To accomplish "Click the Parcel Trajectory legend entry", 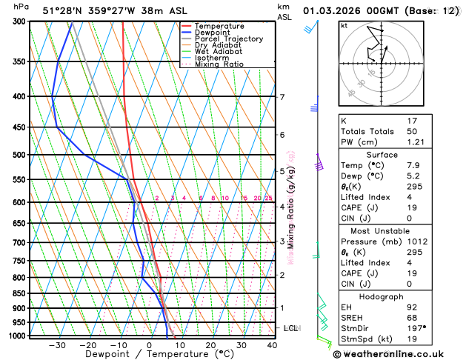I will tap(229, 39).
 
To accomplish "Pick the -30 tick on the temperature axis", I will tap(56, 345).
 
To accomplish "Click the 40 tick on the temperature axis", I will tap(272, 345).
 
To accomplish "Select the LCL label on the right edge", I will tap(291, 327).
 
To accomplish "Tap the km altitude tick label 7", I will tap(282, 97).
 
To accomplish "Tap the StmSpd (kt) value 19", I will tap(413, 339).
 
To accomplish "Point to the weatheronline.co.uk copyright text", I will tap(393, 354).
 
